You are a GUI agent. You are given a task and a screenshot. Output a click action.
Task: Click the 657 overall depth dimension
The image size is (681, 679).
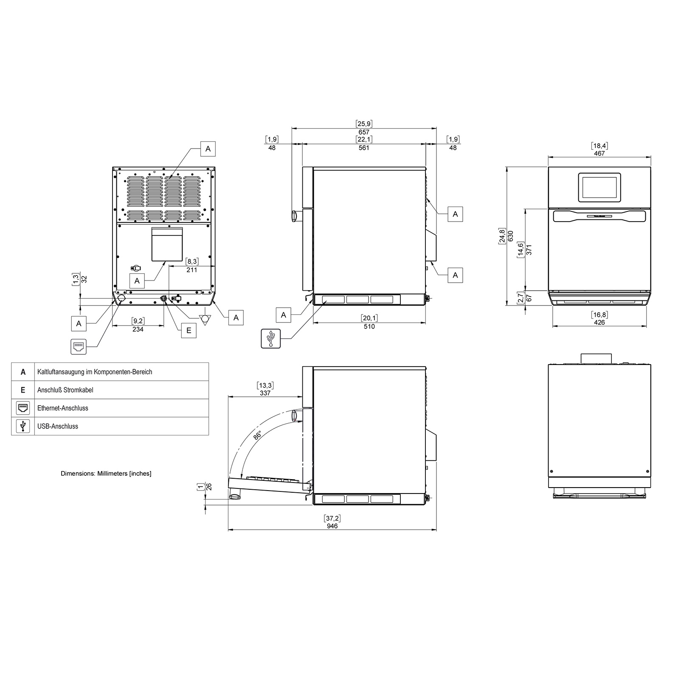pyautogui.click(x=364, y=132)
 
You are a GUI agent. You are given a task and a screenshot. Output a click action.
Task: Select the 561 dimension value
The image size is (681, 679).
pyautogui.click(x=364, y=148)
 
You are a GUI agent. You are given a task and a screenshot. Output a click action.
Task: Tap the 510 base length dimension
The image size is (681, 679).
pyautogui.click(x=369, y=326)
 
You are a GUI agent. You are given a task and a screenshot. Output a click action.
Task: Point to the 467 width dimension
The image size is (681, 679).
pyautogui.click(x=599, y=153)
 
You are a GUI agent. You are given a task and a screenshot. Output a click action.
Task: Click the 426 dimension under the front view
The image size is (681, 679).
pyautogui.click(x=599, y=322)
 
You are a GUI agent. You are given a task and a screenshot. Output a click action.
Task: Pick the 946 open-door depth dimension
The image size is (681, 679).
pyautogui.click(x=332, y=526)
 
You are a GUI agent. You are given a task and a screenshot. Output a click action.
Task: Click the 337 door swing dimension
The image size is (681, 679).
pyautogui.click(x=265, y=393)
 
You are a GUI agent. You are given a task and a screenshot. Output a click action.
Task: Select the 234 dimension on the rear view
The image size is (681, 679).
pyautogui.click(x=138, y=329)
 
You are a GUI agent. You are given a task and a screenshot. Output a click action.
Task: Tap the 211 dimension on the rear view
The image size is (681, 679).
pyautogui.click(x=191, y=269)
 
